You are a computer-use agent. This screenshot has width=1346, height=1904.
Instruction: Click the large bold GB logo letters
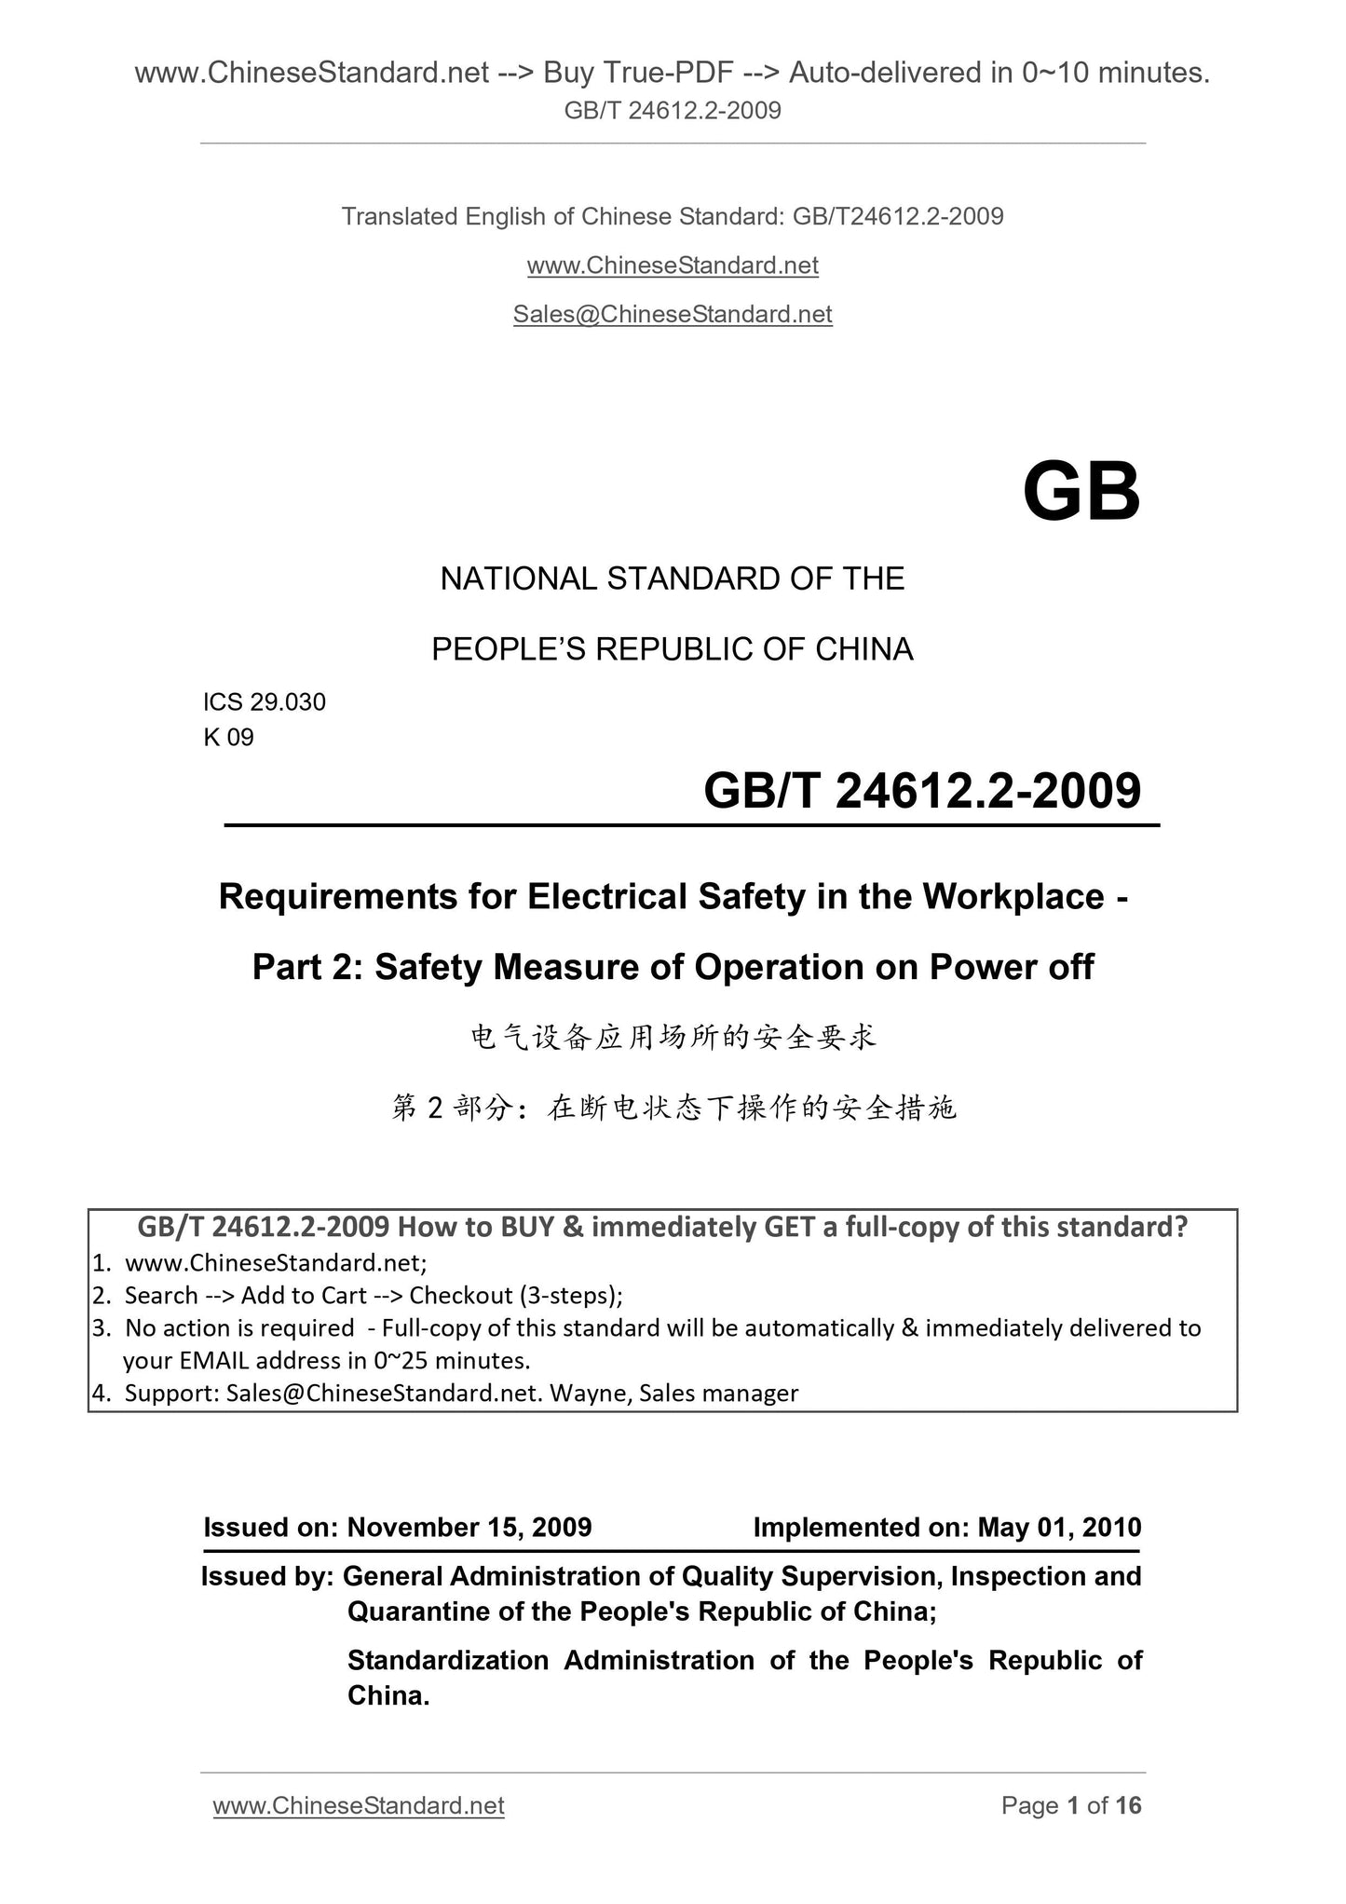[x=1081, y=493]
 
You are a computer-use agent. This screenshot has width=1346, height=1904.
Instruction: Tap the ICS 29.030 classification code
[x=265, y=702]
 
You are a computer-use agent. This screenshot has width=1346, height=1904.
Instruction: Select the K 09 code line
[x=228, y=738]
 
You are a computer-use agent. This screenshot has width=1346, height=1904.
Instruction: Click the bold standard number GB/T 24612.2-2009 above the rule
[x=921, y=791]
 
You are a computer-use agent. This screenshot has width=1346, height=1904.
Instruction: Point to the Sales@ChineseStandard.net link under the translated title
[x=673, y=315]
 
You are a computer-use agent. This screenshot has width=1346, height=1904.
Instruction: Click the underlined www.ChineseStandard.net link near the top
[x=673, y=265]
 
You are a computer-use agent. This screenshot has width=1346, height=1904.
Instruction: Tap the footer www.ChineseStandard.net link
[x=359, y=1805]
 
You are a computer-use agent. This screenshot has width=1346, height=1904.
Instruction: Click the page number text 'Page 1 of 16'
[x=1070, y=1805]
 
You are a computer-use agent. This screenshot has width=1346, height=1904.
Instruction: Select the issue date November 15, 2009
[x=469, y=1527]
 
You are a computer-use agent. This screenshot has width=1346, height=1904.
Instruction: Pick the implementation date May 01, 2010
[x=1059, y=1527]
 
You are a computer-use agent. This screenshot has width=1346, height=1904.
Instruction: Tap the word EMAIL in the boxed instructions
[x=214, y=1360]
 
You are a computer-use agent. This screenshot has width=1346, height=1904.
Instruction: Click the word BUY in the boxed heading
[x=527, y=1227]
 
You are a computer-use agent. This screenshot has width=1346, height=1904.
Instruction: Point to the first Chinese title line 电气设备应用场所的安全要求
[x=673, y=1037]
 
